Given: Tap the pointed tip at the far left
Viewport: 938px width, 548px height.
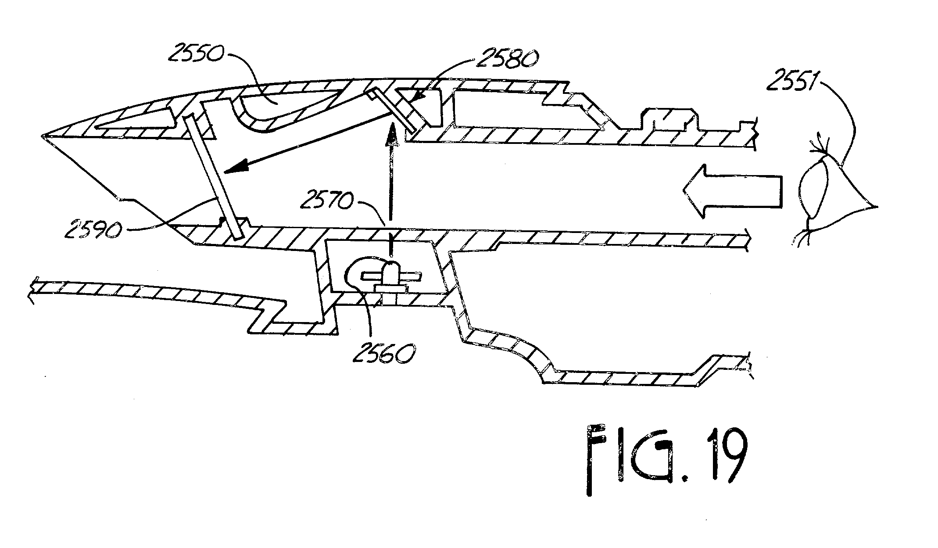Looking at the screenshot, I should click(43, 135).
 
